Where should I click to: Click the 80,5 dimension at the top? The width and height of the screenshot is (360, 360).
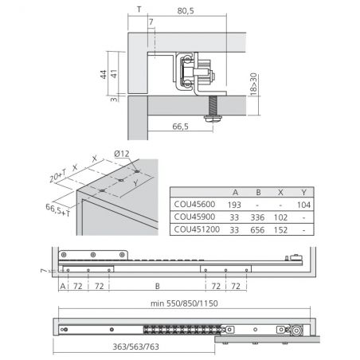click(x=186, y=11)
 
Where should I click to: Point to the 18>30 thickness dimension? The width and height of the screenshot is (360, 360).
click(x=253, y=84)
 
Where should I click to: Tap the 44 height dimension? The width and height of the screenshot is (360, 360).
click(x=104, y=74)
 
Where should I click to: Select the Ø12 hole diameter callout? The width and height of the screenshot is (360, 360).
click(x=122, y=154)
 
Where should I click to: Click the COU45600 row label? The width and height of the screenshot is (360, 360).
click(x=194, y=204)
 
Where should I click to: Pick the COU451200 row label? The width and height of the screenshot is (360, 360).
click(x=197, y=229)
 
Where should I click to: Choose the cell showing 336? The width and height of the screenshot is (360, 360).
click(x=257, y=217)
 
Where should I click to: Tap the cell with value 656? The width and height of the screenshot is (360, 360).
click(x=257, y=230)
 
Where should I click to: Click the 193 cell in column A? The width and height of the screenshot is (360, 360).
click(x=234, y=205)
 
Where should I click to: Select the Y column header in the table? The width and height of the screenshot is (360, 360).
click(x=304, y=192)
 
